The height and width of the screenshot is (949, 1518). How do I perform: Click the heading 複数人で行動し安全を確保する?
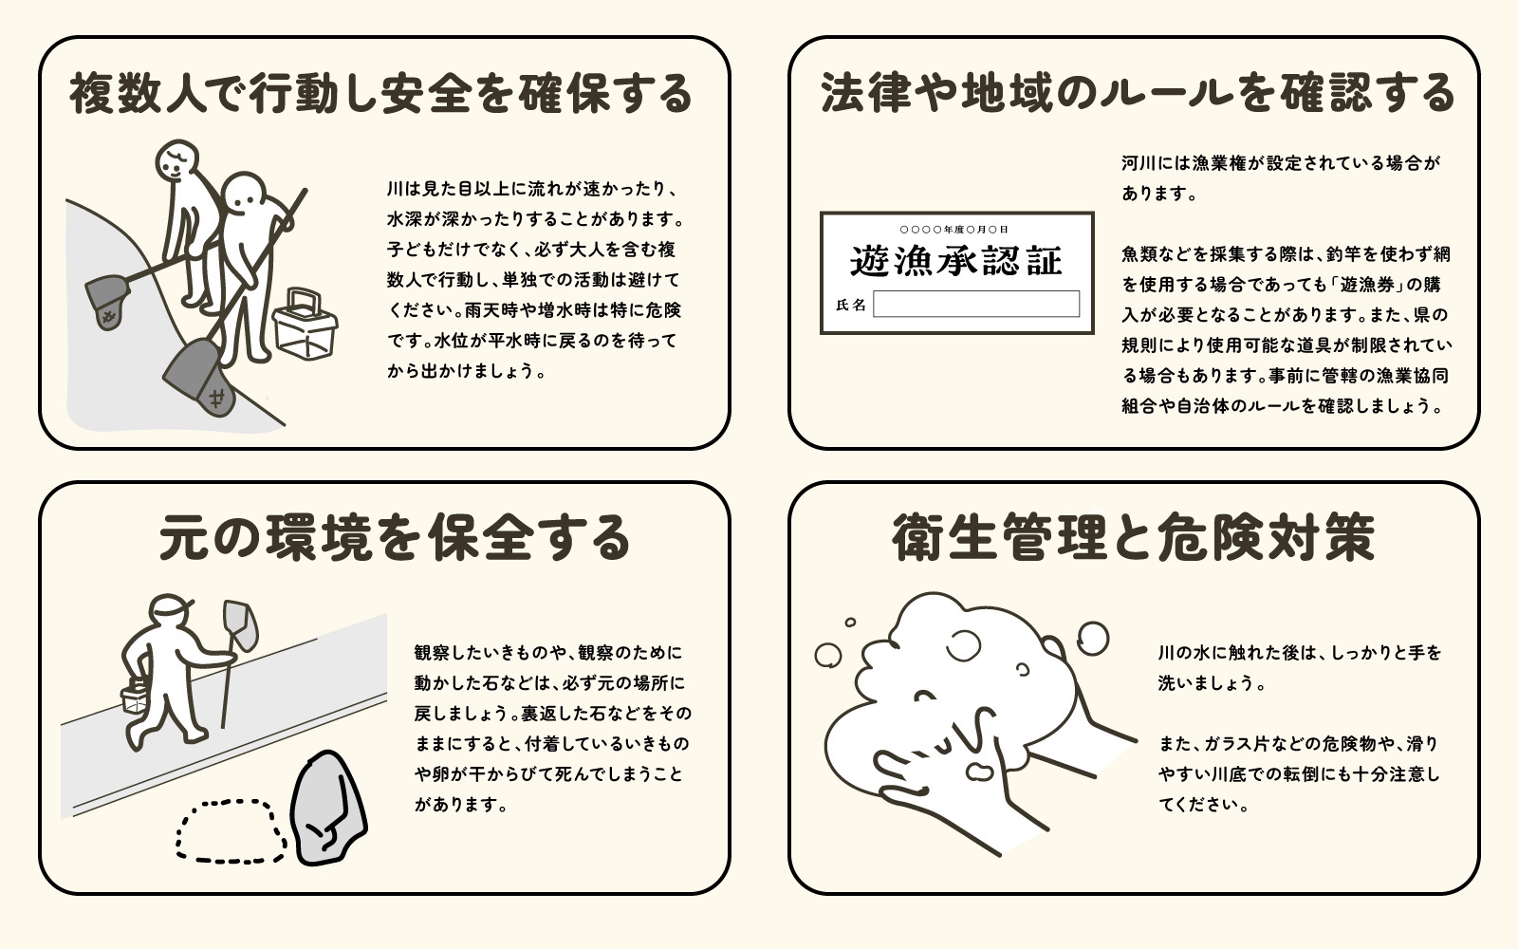pos(381,95)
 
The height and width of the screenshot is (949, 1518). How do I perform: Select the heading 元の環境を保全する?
pos(395,538)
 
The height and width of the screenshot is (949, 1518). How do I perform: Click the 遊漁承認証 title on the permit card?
pos(955,261)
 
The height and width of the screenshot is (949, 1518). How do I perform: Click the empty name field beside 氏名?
pos(975,304)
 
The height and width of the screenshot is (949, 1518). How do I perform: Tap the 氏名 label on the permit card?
pos(850,305)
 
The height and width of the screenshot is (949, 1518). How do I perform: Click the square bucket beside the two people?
pos(304,325)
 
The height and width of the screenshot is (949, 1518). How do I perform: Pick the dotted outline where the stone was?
pos(231,831)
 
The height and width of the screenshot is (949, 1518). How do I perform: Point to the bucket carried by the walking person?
pos(136,698)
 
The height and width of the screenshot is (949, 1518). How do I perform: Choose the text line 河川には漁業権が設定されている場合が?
pos(1280,163)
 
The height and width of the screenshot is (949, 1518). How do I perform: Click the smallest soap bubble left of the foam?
pos(850,623)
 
